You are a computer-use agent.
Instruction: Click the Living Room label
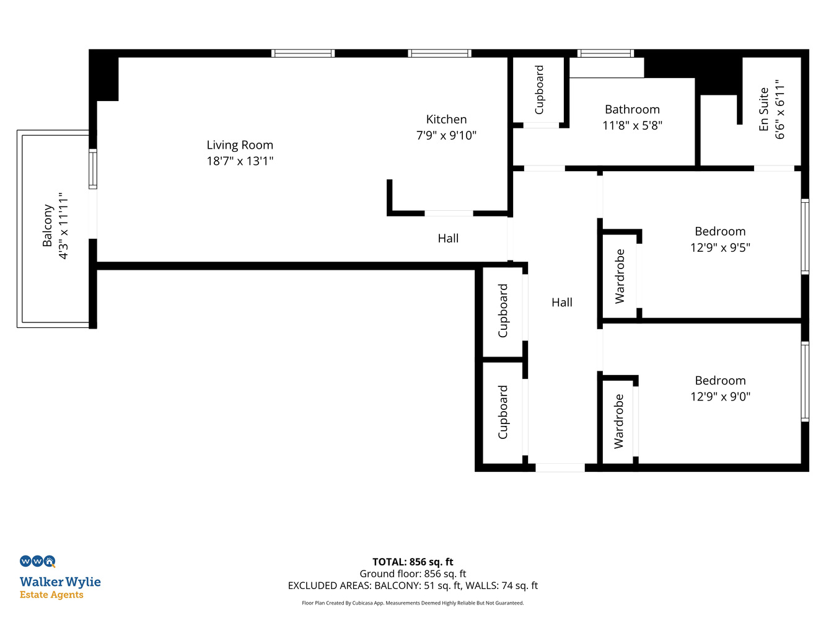[240, 145]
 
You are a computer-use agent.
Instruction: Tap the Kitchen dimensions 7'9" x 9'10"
[446, 135]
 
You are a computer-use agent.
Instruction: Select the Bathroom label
[632, 110]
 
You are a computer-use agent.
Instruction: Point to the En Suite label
[763, 110]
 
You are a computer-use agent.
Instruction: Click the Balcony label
[48, 226]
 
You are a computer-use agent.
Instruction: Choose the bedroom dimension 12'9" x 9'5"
[720, 247]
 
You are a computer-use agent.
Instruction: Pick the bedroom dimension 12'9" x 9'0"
[720, 396]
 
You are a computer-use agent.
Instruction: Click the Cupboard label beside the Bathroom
[539, 90]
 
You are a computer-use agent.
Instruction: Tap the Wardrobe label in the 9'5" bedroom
[620, 277]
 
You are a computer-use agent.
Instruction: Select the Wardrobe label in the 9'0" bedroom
[618, 421]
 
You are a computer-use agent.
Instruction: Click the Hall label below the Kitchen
[448, 238]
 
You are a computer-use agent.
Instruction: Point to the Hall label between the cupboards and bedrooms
[561, 303]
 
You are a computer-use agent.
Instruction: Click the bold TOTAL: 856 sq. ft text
[413, 562]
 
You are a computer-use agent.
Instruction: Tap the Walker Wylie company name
[60, 582]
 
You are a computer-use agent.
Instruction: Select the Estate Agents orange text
[51, 595]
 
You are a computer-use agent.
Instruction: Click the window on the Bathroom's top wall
[605, 53]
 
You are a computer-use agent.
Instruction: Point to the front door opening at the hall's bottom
[560, 467]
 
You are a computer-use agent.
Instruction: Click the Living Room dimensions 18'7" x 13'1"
[240, 161]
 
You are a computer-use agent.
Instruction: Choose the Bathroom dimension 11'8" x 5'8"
[632, 125]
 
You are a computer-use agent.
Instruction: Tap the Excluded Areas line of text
[413, 585]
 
